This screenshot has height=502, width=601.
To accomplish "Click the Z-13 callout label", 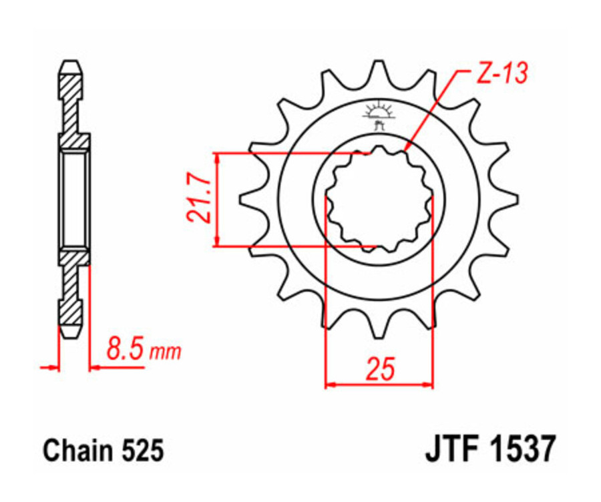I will click(500, 73).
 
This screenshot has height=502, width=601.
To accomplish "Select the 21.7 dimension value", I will click(198, 200).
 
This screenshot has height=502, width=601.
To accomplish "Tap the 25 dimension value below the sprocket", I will click(379, 369).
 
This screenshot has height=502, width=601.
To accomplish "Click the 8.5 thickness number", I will click(124, 350).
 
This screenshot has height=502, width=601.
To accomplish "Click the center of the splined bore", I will click(379, 199).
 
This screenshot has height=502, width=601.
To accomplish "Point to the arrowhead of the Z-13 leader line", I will click(407, 148).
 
